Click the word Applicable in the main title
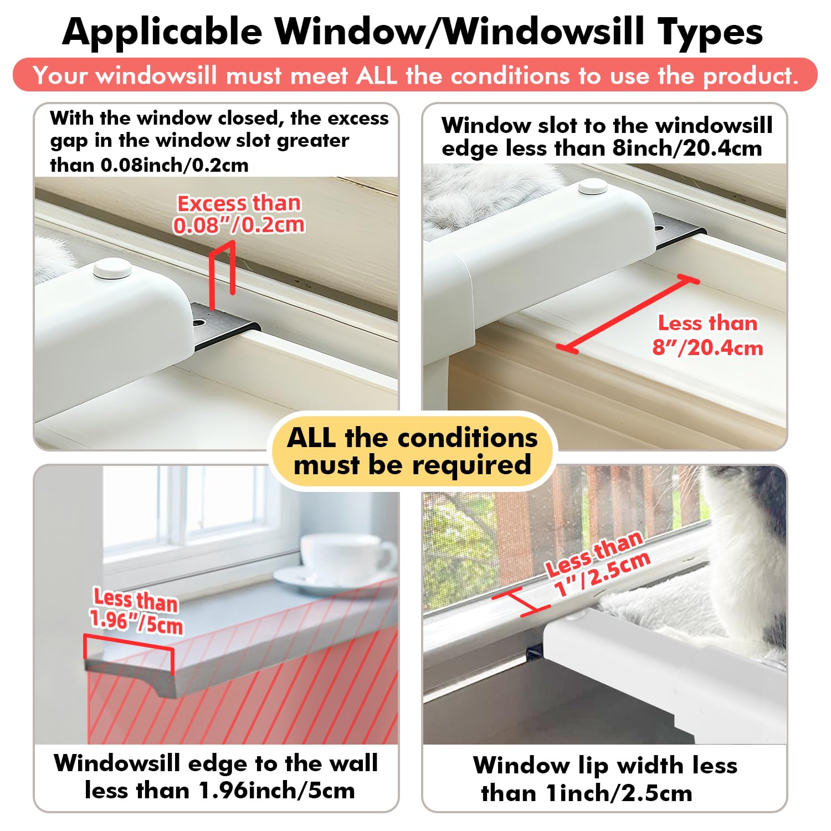[x=162, y=32]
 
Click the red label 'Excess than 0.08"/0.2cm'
[x=239, y=214]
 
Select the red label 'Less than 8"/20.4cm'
[x=707, y=335]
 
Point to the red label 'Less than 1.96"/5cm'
[x=136, y=611]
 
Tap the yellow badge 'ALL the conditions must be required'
[x=412, y=451]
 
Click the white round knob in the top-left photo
[x=112, y=269]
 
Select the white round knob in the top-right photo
[x=593, y=186]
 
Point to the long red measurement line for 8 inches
[x=628, y=314]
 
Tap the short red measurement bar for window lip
[x=521, y=603]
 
